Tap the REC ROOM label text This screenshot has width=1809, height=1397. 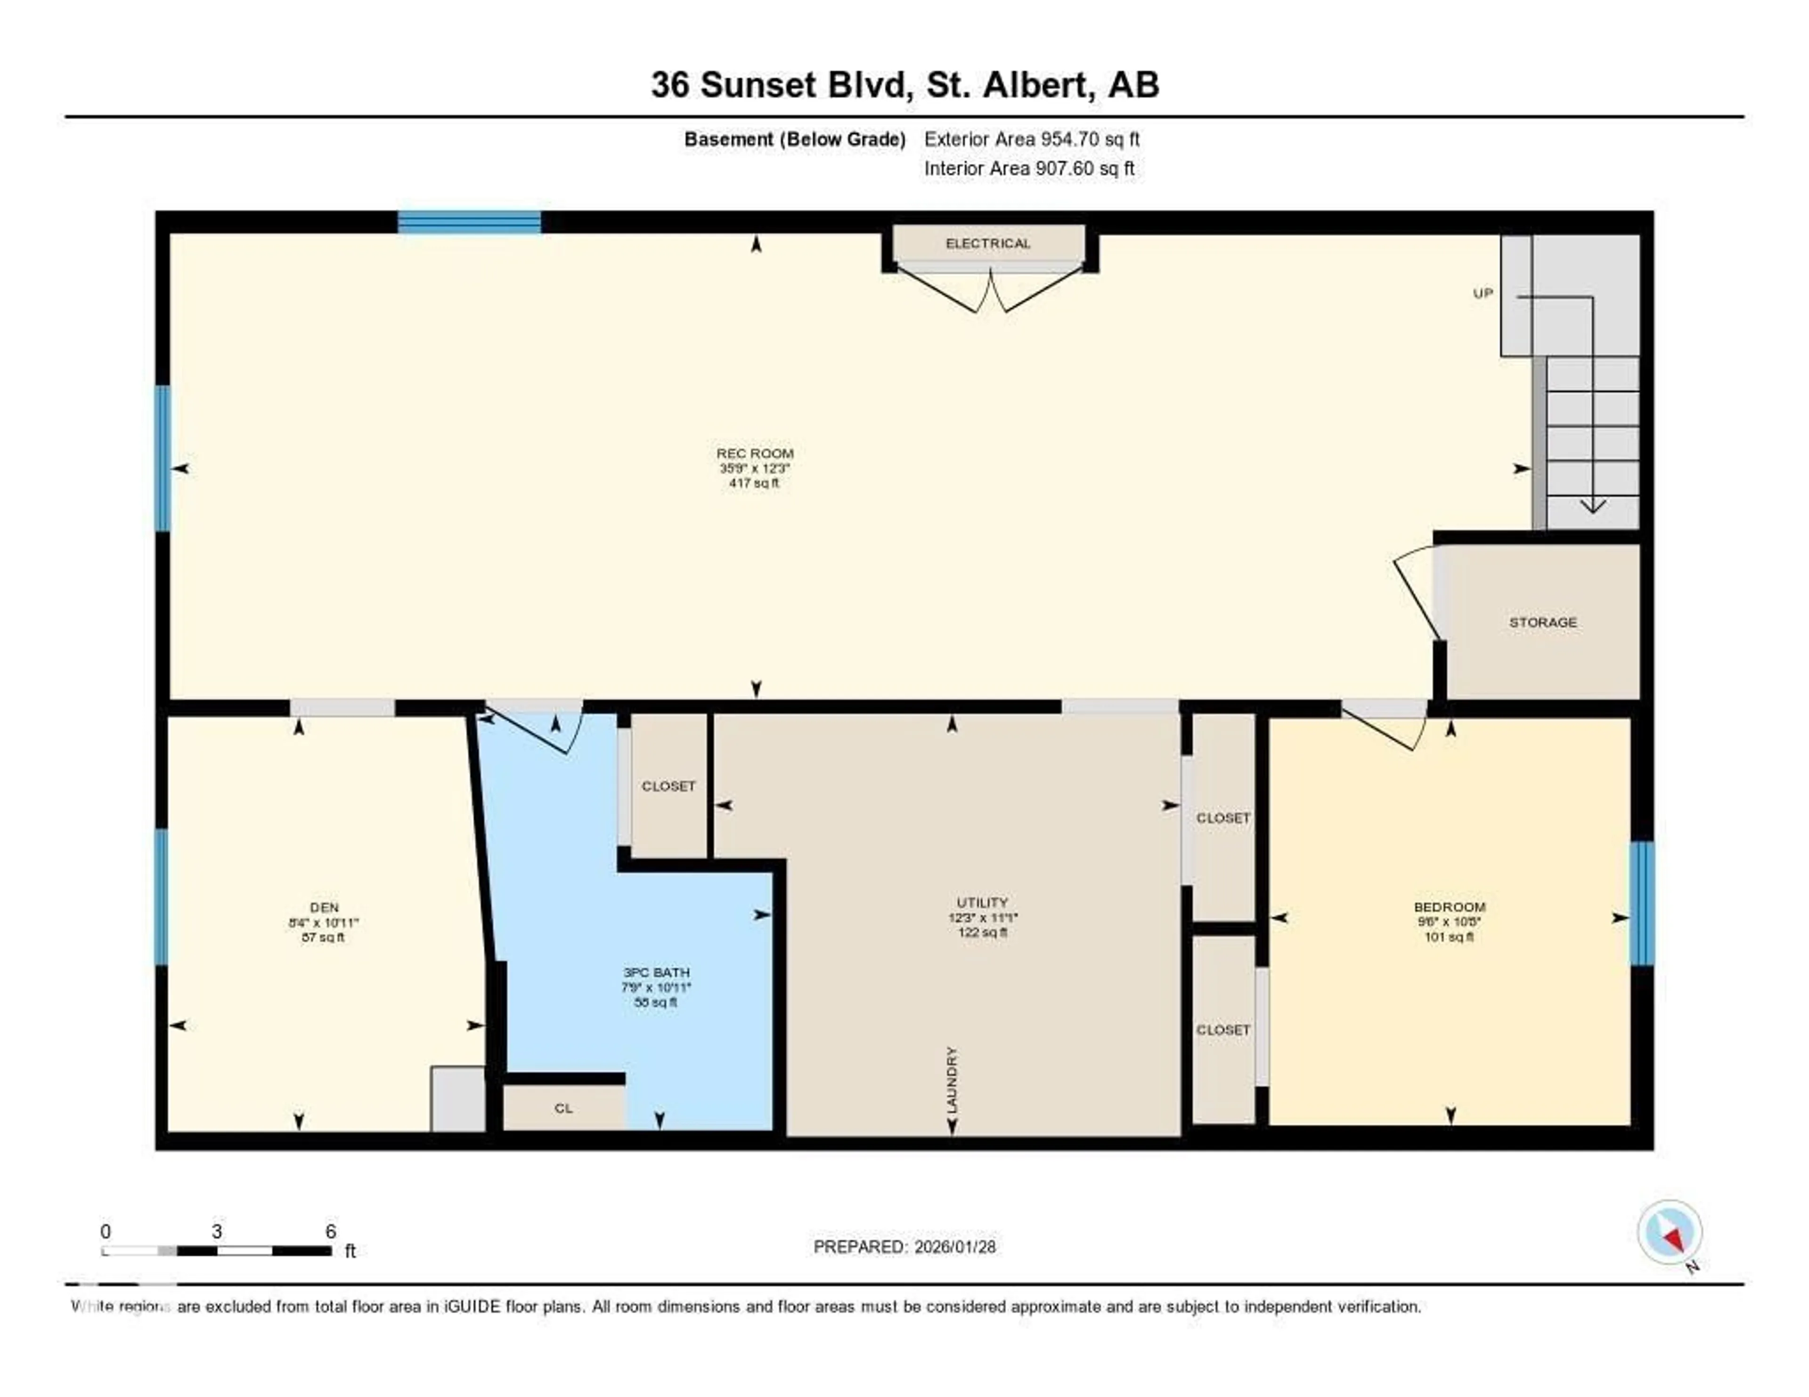pos(755,453)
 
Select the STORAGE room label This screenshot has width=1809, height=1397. pos(1542,622)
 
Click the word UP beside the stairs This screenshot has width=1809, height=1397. pos(1483,293)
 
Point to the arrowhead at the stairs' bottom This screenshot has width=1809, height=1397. pos(1592,506)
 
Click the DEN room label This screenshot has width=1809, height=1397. pos(324,908)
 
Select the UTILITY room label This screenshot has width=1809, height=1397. pos(982,902)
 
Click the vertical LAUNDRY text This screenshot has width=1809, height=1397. pos(952,1080)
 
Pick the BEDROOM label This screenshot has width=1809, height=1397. pos(1450,907)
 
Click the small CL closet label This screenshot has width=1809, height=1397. pos(563,1108)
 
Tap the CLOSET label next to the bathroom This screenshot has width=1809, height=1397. pos(668,786)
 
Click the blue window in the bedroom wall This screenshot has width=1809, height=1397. pos(1642,903)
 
